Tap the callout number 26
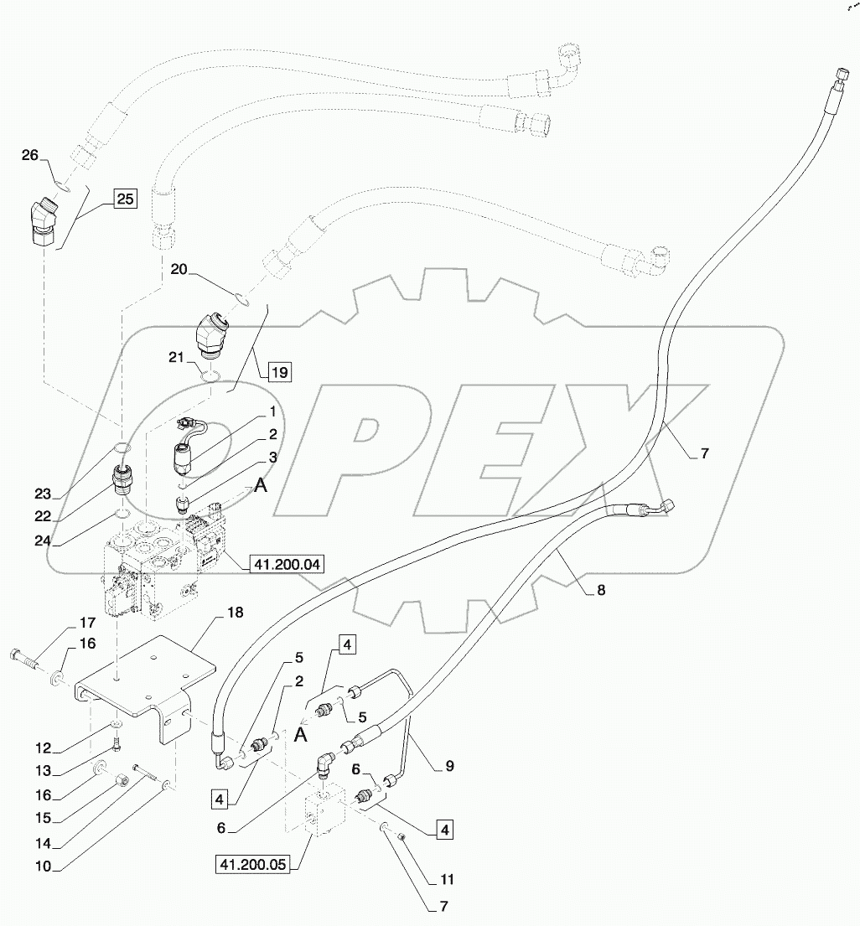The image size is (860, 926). tap(30, 155)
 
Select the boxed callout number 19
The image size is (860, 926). tap(280, 371)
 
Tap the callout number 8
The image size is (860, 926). tap(600, 589)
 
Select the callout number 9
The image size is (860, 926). tap(450, 765)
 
